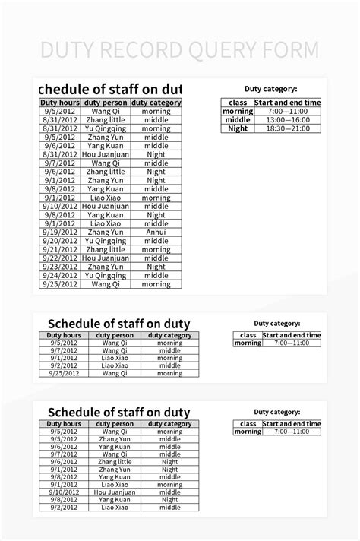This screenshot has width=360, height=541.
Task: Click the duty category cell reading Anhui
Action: (x=156, y=232)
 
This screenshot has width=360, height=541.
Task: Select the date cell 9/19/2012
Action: (x=60, y=232)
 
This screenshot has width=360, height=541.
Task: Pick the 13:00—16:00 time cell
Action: (x=289, y=120)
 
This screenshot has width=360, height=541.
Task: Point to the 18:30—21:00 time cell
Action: (x=289, y=128)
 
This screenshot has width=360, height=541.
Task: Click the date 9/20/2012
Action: (x=60, y=241)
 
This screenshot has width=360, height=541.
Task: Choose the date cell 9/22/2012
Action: (x=60, y=258)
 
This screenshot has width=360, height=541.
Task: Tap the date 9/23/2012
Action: (x=60, y=267)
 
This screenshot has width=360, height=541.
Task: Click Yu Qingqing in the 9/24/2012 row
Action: (x=106, y=276)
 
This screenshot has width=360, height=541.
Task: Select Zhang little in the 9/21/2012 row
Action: (x=106, y=249)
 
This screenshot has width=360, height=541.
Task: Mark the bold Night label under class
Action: (x=238, y=128)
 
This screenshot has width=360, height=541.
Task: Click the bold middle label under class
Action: (x=238, y=120)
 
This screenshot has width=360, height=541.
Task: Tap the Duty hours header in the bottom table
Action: (x=64, y=423)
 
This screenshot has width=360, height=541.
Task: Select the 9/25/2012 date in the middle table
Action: (x=64, y=373)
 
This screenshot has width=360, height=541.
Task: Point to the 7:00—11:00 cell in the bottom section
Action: (x=292, y=432)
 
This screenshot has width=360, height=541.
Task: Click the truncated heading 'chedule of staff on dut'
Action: (x=109, y=87)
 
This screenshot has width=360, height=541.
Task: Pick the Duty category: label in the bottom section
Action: (x=276, y=411)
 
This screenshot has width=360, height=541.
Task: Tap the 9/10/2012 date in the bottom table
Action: (x=64, y=492)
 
